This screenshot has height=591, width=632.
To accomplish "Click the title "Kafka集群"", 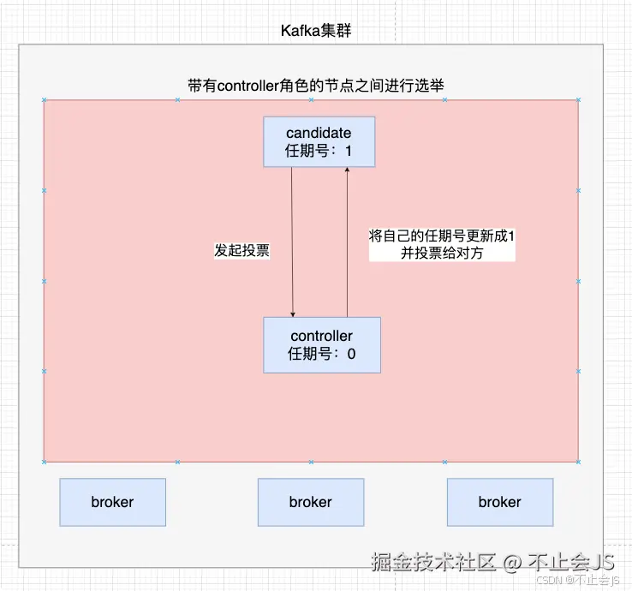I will tap(316, 31).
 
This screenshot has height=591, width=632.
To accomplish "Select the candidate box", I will tap(318, 141).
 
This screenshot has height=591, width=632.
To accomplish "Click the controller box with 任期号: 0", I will tap(321, 344).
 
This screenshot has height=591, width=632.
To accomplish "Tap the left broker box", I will tap(112, 502).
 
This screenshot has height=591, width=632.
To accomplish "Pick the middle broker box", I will tap(310, 502).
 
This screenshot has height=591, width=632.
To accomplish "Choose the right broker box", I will tap(499, 502).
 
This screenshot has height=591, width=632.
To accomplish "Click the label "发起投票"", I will tap(241, 251).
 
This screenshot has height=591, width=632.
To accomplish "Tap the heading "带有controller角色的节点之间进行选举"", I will tap(315, 86).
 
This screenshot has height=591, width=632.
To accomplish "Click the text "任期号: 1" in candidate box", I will tap(318, 151).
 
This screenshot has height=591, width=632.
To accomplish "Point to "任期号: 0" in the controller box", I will tap(321, 354).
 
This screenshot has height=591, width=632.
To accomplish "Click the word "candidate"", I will tap(318, 133).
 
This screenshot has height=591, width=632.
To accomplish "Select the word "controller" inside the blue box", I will tap(321, 336).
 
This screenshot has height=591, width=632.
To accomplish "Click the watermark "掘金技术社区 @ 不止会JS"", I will tap(492, 562).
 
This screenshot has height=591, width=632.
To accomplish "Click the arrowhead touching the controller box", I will tap(293, 313).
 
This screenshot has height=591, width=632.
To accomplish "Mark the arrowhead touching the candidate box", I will tap(347, 170).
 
